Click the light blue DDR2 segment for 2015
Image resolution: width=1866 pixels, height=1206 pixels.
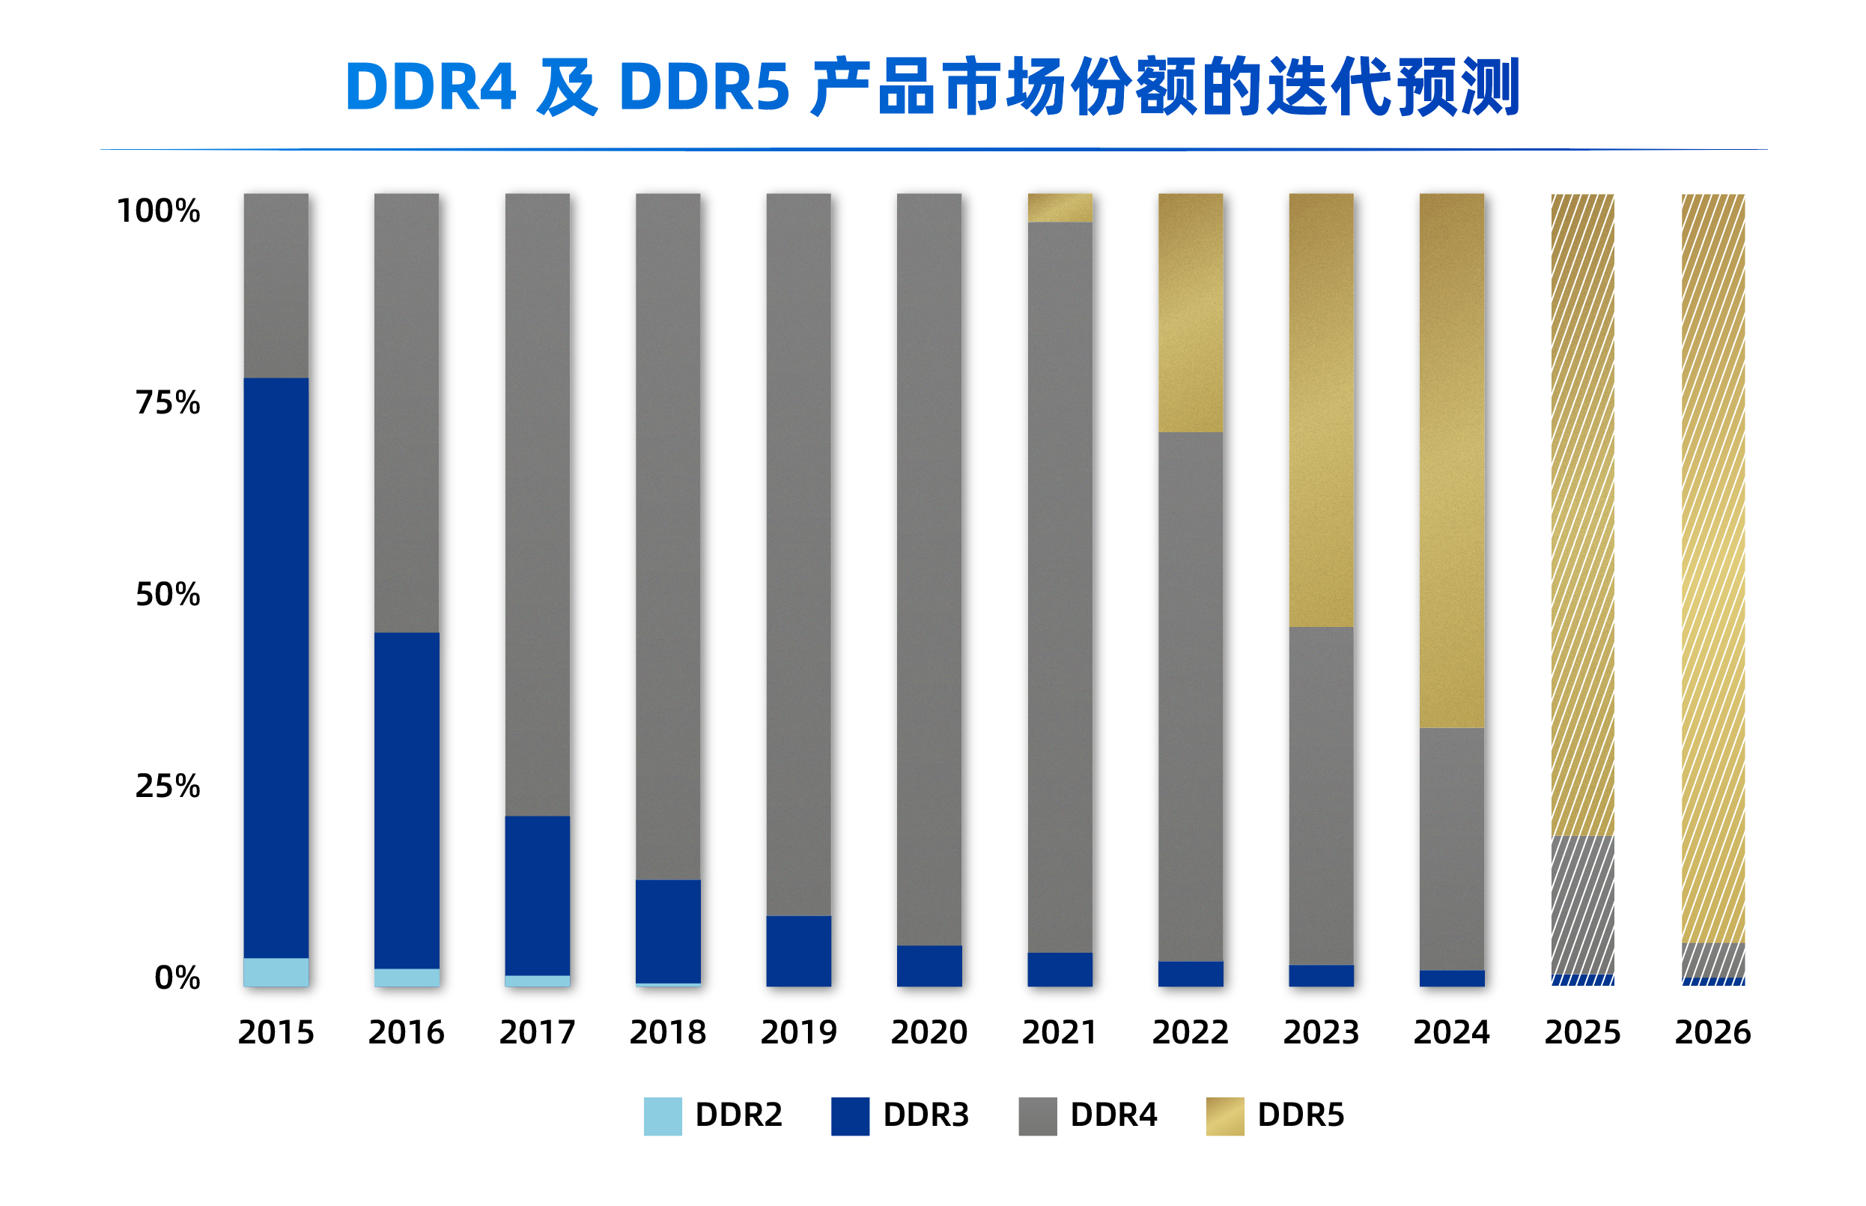pyautogui.click(x=276, y=971)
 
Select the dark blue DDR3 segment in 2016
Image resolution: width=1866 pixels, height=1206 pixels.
pyautogui.click(x=407, y=800)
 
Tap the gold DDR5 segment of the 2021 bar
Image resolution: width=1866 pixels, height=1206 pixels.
pyautogui.click(x=1059, y=207)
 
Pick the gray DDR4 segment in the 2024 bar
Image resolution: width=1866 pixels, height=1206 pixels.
pyautogui.click(x=1451, y=849)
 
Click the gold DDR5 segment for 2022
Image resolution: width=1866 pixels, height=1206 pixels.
pyautogui.click(x=1190, y=312)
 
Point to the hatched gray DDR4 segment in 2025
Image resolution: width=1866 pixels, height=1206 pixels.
pyautogui.click(x=1582, y=905)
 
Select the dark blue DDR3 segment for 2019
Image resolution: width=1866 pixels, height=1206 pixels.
pyautogui.click(x=798, y=951)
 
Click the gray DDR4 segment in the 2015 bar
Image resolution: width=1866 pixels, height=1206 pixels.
pyautogui.click(x=276, y=286)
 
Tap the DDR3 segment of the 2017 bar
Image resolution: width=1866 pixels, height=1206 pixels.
pyautogui.click(x=537, y=895)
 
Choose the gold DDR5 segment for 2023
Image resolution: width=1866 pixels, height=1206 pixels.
pyautogui.click(x=1320, y=410)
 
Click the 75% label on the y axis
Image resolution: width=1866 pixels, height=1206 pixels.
pyautogui.click(x=168, y=402)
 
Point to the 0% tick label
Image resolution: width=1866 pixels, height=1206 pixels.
pyautogui.click(x=177, y=978)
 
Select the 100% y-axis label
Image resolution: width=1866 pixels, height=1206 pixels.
pyautogui.click(x=158, y=210)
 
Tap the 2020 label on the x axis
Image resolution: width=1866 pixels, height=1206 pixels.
pyautogui.click(x=929, y=1032)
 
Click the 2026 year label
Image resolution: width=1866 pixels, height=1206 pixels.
pyautogui.click(x=1712, y=1032)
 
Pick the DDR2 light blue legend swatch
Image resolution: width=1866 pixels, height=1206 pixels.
pyautogui.click(x=662, y=1116)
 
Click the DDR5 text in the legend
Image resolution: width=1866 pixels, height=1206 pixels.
pyautogui.click(x=1300, y=1115)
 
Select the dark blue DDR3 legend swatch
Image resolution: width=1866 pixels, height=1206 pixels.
pyautogui.click(x=850, y=1116)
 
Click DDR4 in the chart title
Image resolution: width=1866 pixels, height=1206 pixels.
pyautogui.click(x=430, y=86)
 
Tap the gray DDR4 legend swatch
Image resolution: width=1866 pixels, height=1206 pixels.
pyautogui.click(x=1037, y=1116)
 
